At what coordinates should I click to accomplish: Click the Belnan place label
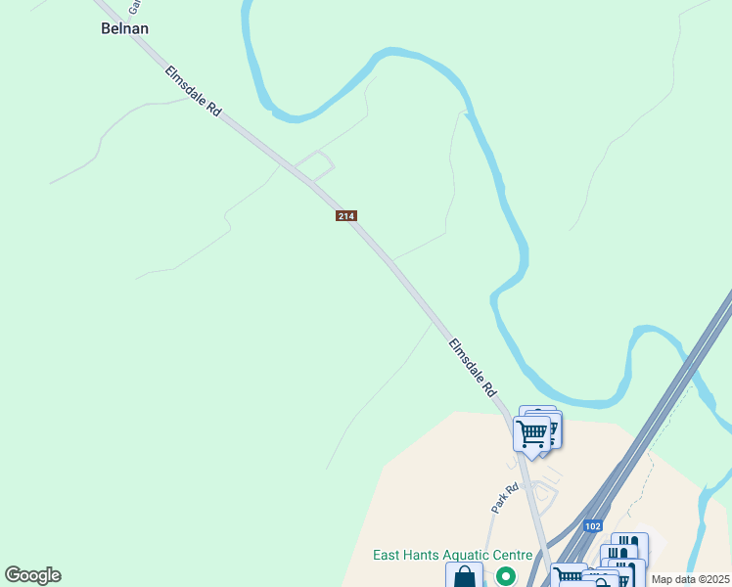[125, 28]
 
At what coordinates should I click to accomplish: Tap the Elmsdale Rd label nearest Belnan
[194, 93]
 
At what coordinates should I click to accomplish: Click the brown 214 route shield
[346, 215]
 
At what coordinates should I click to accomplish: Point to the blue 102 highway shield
[592, 524]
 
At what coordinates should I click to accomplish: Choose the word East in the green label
[388, 556]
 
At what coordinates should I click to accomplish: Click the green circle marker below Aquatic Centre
[505, 576]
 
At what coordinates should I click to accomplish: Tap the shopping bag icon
[464, 576]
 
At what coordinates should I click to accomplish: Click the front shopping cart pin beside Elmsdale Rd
[532, 433]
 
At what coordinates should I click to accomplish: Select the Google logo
[32, 575]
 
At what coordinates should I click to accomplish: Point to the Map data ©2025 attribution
[690, 579]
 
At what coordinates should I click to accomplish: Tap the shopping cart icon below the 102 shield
[567, 575]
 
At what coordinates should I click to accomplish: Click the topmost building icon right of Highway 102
[629, 544]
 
